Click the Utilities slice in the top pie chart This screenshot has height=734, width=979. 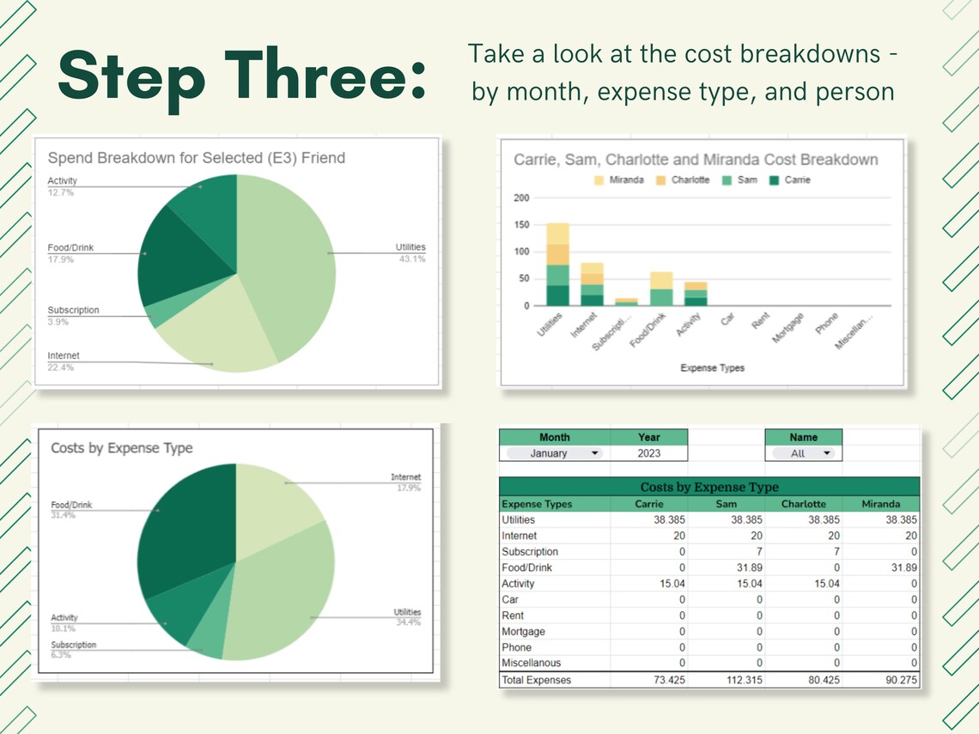point(288,258)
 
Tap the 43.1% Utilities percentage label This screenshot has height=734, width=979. point(412,259)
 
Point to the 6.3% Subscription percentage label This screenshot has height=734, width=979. point(60,655)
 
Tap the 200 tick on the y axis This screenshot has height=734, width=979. point(520,197)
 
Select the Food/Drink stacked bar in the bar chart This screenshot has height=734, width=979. point(661,288)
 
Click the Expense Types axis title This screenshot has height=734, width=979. point(712,368)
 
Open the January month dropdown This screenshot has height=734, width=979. point(554,453)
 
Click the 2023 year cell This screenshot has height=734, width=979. point(649,453)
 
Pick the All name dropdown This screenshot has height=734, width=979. point(803,453)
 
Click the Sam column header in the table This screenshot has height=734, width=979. point(726,504)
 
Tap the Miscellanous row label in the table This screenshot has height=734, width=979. point(531,663)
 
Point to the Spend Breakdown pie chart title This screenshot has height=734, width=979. point(197,158)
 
